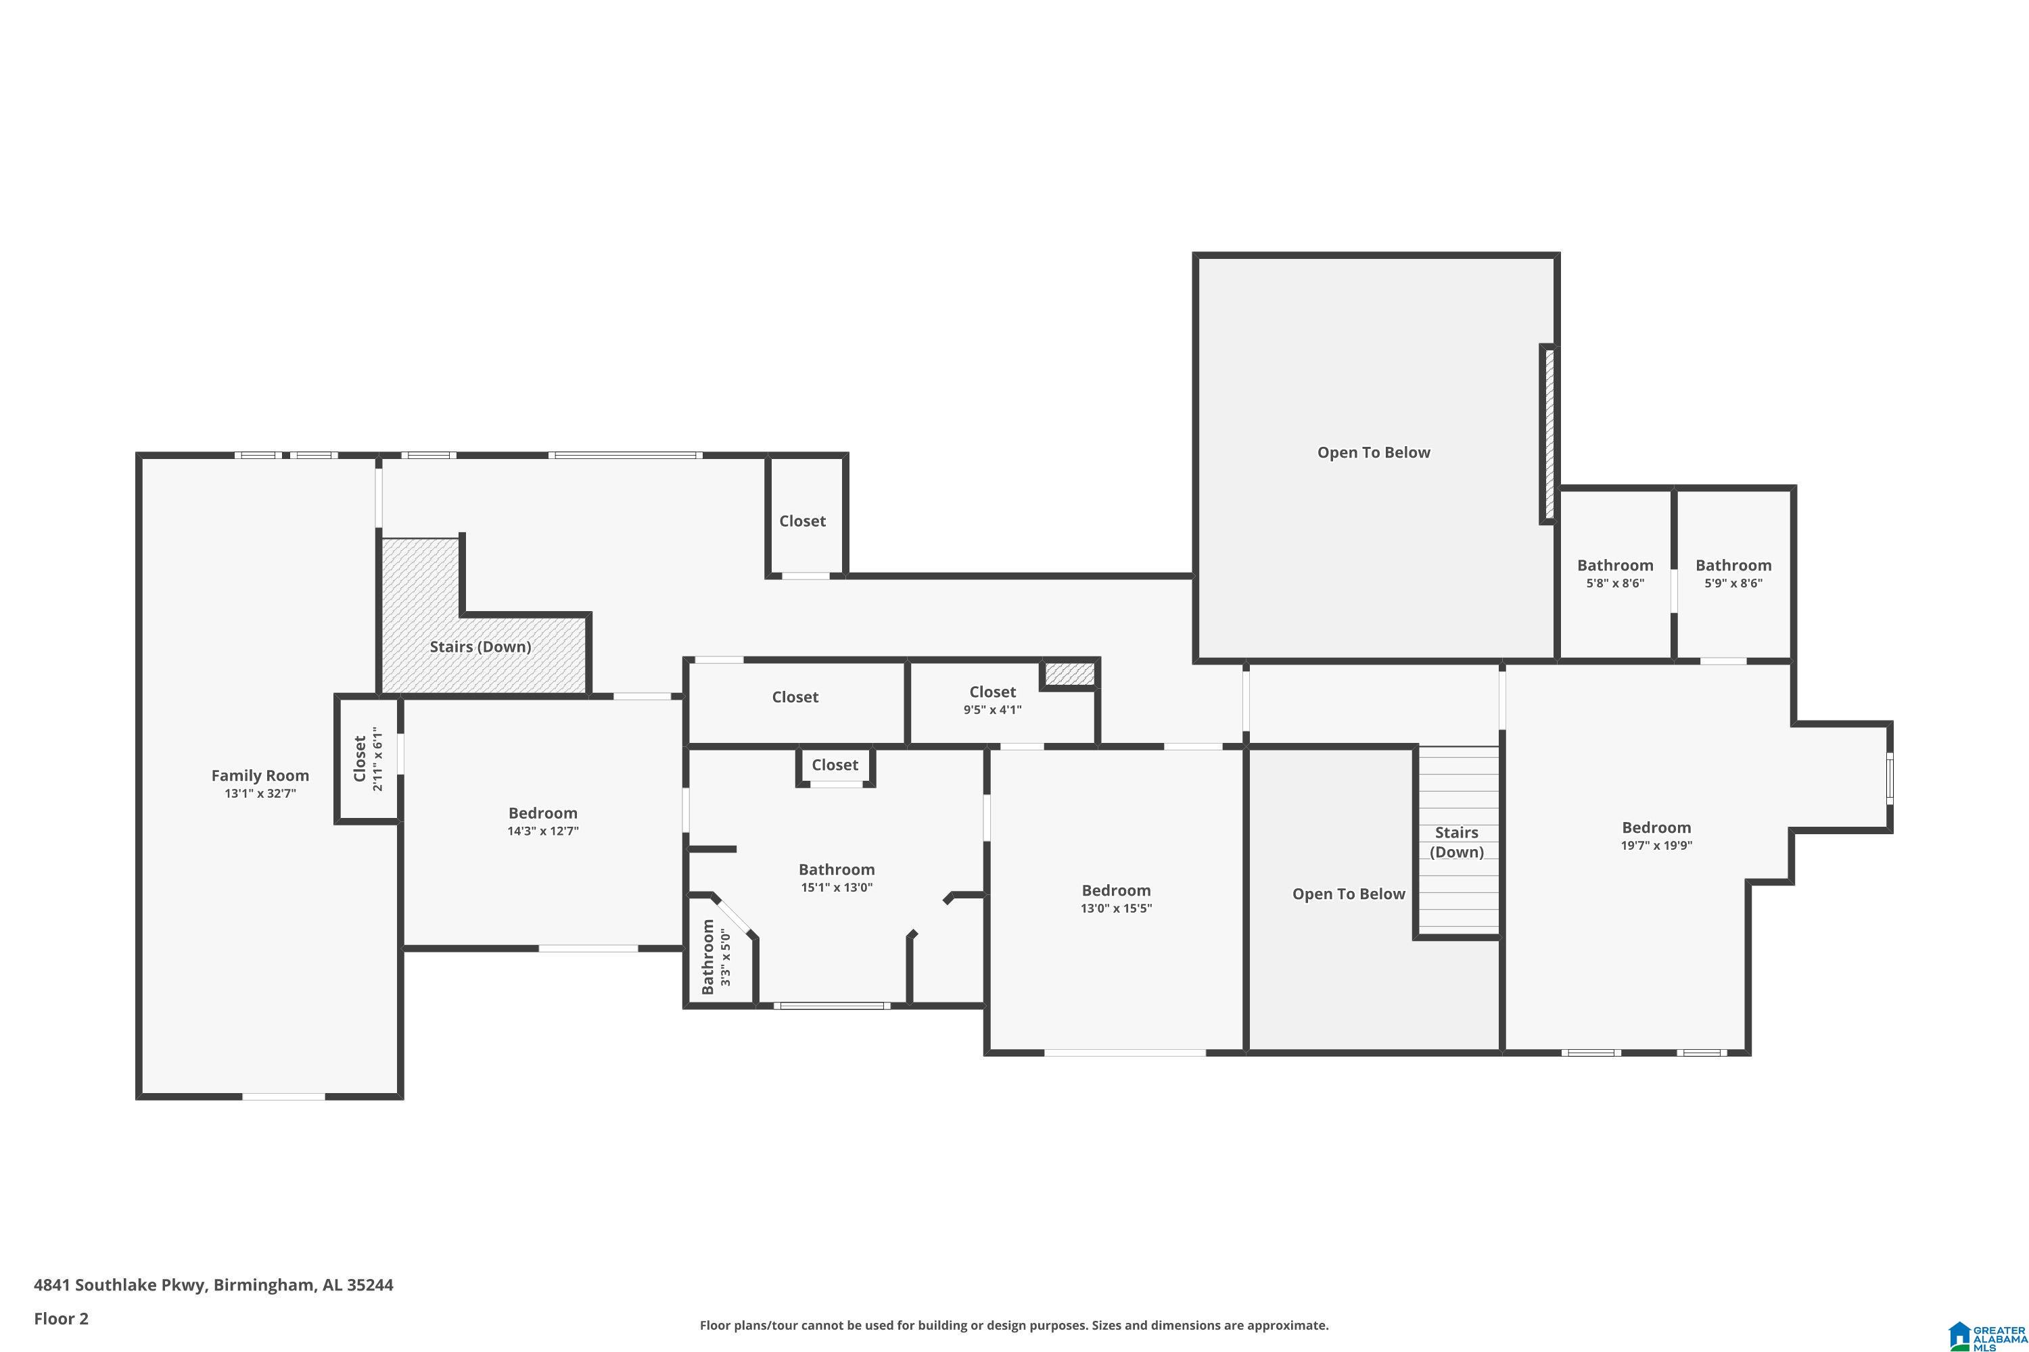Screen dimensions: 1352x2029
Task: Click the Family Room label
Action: pos(260,775)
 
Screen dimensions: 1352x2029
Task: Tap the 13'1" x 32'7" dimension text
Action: pos(260,793)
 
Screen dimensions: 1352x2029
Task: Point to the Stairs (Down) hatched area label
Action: pos(480,647)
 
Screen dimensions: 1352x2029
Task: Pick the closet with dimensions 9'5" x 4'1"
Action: pos(992,700)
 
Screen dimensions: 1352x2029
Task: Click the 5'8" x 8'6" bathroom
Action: pos(1615,573)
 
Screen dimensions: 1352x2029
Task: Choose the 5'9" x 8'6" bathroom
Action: pos(1733,573)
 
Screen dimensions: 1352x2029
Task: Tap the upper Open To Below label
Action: pos(1374,453)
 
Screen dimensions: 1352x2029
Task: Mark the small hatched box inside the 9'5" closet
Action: pos(1070,673)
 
